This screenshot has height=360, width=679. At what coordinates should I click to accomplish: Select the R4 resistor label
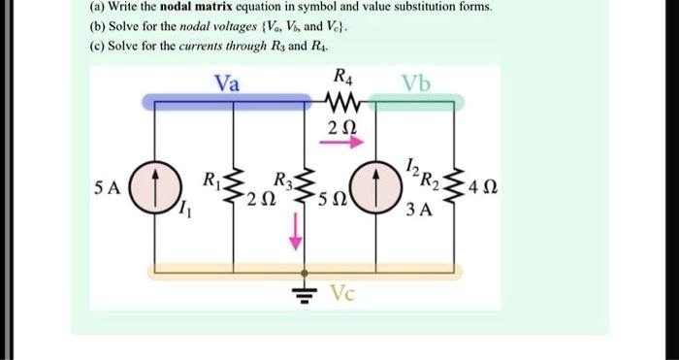tap(342, 77)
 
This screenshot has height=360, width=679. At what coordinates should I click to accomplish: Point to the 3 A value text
tap(420, 208)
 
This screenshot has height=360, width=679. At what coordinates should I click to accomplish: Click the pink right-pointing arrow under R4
tap(345, 142)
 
